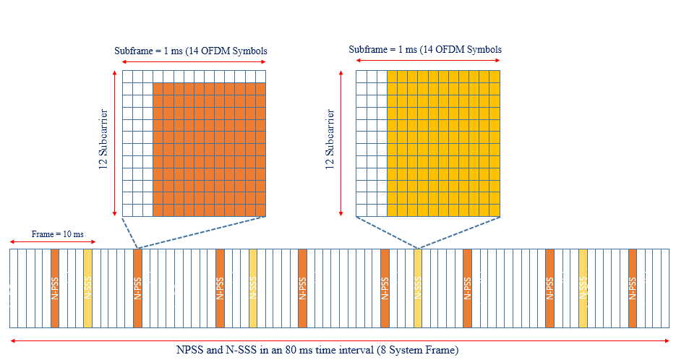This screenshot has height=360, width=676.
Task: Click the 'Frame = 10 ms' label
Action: click(x=57, y=234)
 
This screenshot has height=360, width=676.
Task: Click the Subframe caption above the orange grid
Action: click(x=191, y=51)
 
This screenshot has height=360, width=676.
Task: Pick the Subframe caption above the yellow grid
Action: click(x=425, y=50)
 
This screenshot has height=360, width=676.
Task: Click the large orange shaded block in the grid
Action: click(x=210, y=150)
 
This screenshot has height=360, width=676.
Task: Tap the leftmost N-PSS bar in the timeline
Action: click(x=55, y=288)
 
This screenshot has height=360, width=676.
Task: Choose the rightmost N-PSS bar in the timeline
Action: click(x=633, y=288)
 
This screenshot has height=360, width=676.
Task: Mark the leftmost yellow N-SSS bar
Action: click(x=87, y=288)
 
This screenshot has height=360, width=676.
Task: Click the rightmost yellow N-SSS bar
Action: click(x=583, y=288)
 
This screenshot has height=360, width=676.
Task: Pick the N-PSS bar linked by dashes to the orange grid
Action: click(x=137, y=288)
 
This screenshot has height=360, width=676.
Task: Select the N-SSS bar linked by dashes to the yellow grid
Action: click(x=418, y=288)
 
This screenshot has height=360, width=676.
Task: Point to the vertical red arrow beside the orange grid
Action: click(x=115, y=142)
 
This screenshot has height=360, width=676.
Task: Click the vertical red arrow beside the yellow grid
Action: click(x=341, y=142)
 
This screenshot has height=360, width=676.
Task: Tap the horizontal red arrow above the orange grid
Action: click(x=194, y=62)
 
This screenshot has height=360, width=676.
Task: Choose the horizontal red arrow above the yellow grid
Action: click(x=428, y=61)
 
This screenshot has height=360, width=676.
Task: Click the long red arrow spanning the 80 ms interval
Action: click(x=339, y=339)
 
